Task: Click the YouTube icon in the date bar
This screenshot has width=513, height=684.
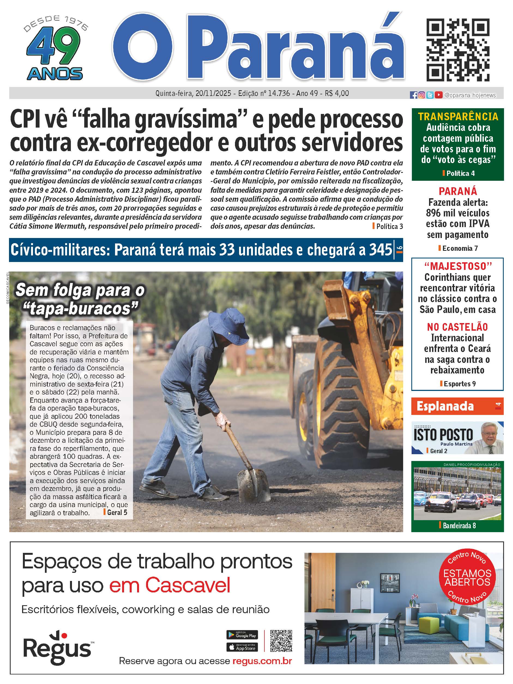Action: click(x=438, y=95)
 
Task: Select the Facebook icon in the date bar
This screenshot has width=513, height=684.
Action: click(x=414, y=95)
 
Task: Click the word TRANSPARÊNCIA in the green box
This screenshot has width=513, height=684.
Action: click(x=458, y=117)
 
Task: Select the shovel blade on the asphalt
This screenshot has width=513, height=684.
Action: click(x=253, y=485)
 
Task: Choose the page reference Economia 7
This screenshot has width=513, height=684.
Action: click(x=460, y=248)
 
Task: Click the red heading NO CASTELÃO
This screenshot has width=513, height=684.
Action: click(x=457, y=327)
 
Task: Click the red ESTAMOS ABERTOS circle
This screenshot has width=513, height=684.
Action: click(x=467, y=578)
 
